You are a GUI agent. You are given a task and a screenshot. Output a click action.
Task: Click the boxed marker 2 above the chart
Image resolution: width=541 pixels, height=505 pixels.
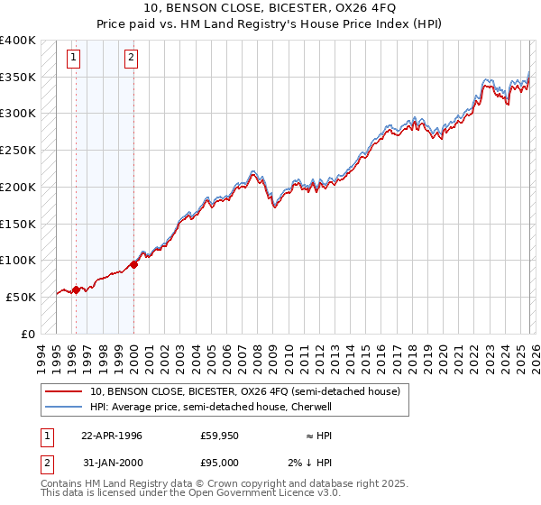pyautogui.click(x=132, y=59)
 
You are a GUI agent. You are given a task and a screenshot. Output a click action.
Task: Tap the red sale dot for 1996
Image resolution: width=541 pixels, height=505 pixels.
pyautogui.click(x=76, y=289)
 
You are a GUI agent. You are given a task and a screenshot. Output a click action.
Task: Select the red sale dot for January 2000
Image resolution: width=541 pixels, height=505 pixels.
pyautogui.click(x=133, y=264)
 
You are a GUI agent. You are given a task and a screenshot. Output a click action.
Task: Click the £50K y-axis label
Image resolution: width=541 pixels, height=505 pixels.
pyautogui.click(x=22, y=297)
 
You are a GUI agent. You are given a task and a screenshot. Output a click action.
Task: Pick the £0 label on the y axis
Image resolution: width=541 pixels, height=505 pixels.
pyautogui.click(x=30, y=334)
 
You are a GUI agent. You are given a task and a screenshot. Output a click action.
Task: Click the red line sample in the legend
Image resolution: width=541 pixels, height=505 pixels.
pyautogui.click(x=65, y=391)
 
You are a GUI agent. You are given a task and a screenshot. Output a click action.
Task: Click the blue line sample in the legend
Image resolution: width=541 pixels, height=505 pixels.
pyautogui.click(x=65, y=407)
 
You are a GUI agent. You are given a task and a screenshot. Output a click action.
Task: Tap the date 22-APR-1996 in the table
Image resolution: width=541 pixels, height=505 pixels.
pyautogui.click(x=112, y=436)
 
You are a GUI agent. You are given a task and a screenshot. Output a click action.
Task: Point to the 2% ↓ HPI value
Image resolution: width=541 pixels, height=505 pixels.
pyautogui.click(x=311, y=463)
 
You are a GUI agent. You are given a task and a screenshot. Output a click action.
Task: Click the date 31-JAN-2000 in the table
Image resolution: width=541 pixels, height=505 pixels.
pyautogui.click(x=112, y=463)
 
